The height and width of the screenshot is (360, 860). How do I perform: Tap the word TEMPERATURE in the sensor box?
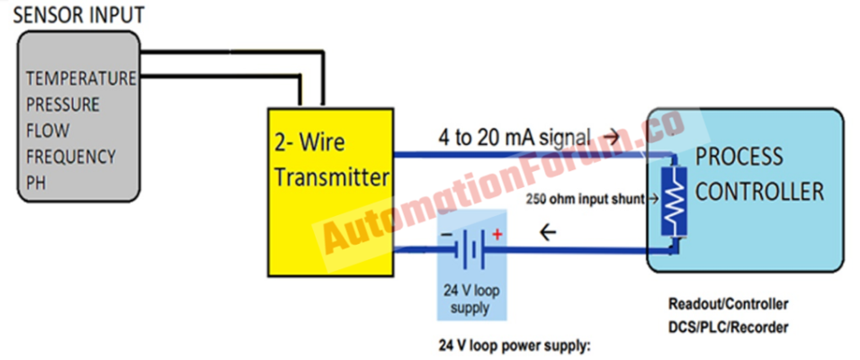click(81, 78)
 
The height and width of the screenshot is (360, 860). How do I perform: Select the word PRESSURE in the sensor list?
click(64, 104)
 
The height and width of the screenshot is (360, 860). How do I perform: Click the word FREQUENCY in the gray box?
click(71, 157)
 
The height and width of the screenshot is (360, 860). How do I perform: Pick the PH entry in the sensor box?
click(37, 183)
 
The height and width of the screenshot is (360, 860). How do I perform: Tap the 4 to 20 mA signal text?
click(515, 139)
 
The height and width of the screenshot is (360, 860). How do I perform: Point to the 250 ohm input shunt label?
click(582, 199)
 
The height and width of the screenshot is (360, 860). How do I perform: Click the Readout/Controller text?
click(728, 304)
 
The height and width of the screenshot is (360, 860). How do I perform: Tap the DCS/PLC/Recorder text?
click(729, 327)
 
